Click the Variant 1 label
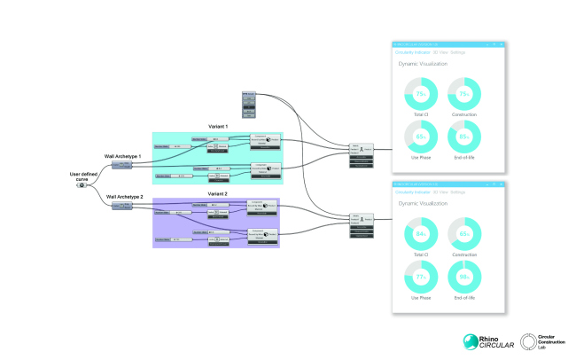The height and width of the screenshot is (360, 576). point(218,127)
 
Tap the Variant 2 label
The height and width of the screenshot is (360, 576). point(218,192)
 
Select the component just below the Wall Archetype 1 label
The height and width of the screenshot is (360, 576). point(122,165)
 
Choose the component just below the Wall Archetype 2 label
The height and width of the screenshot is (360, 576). point(122,206)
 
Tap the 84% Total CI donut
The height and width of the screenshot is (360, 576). point(421,235)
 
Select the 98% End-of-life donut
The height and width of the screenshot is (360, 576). point(466,277)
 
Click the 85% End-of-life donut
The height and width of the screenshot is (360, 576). point(466,137)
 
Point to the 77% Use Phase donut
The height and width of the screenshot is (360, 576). point(421,277)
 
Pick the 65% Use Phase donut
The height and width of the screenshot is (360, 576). point(421,137)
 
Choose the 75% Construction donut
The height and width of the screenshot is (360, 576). point(466,95)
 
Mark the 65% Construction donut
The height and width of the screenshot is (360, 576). point(466,235)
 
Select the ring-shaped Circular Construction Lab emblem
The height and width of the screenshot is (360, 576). point(529,342)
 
